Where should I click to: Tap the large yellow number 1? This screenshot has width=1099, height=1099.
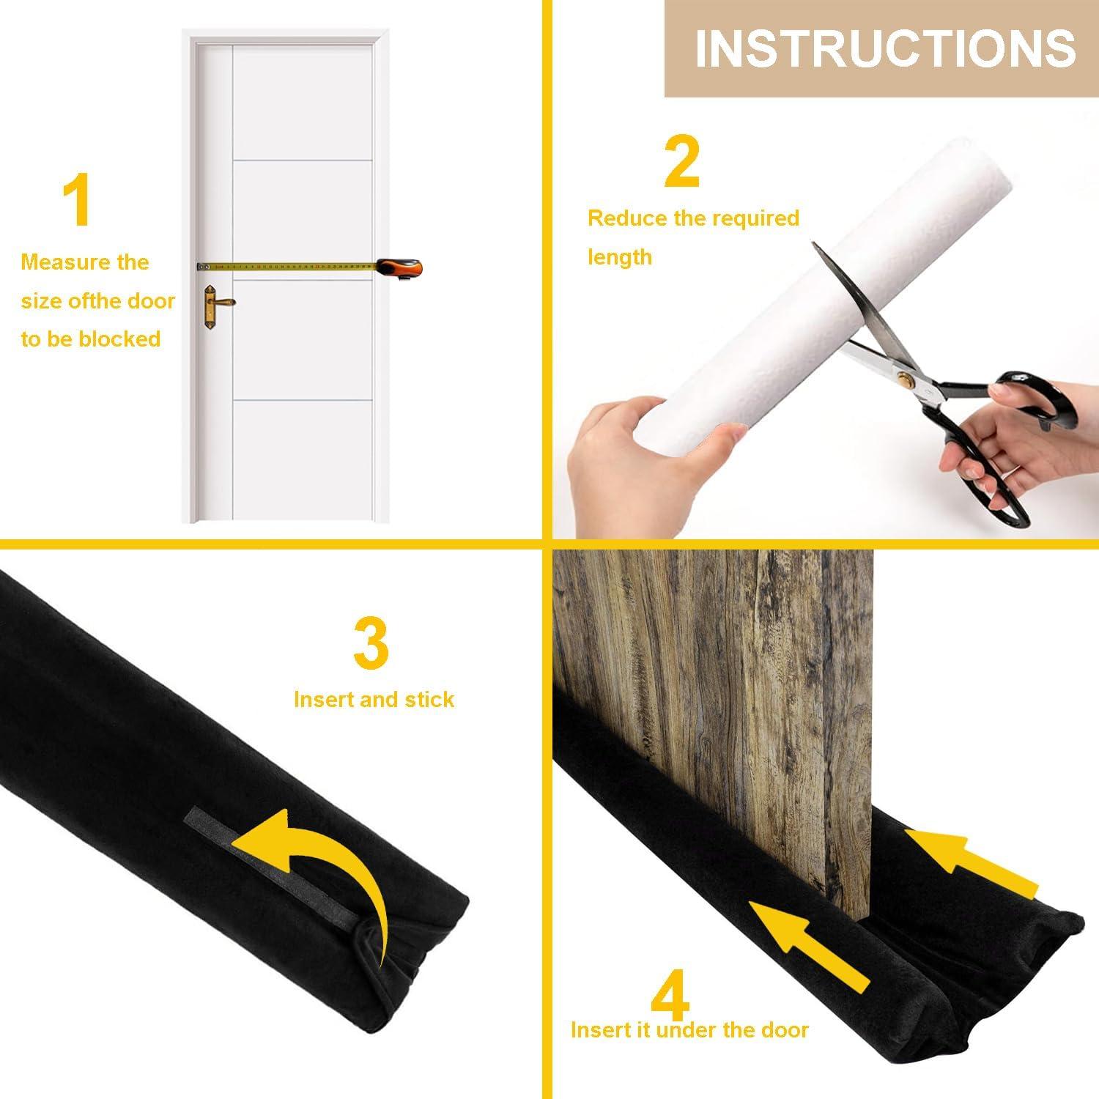point(77,201)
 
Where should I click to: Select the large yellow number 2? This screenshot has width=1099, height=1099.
point(681,162)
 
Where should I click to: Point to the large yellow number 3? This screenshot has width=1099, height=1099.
point(371,643)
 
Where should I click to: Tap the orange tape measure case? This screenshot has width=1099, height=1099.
point(400,268)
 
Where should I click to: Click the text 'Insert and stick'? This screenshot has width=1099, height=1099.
point(374,700)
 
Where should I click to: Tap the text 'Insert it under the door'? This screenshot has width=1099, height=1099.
point(689,1029)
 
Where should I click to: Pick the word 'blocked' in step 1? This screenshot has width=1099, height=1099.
point(119,339)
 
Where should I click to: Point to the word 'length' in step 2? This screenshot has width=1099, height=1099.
point(619,257)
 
